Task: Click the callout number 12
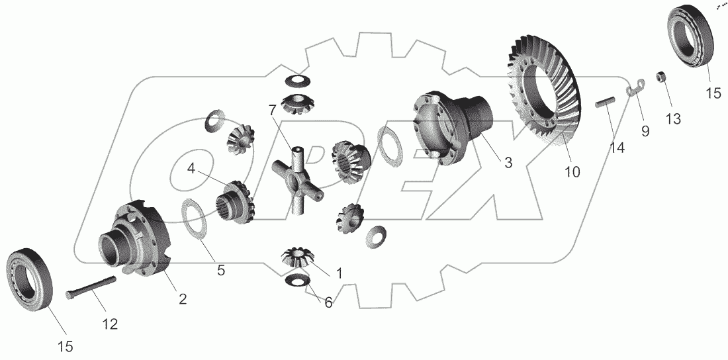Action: point(110,324)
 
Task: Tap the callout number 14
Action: point(617,148)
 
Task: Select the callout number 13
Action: point(673,119)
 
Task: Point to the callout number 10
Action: point(572,172)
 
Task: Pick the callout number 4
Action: point(191,169)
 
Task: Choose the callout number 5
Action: point(220,270)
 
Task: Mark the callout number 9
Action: point(645,132)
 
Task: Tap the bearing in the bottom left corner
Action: point(30,279)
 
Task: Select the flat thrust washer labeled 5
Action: point(193,219)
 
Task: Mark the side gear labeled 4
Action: point(235,202)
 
